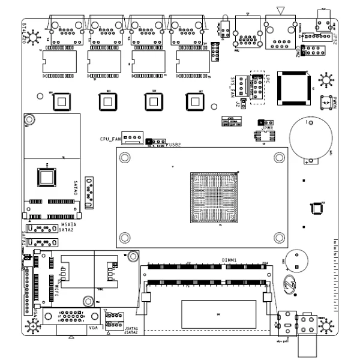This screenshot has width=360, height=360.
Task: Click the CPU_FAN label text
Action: point(110,139)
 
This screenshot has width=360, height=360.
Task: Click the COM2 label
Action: point(298,51)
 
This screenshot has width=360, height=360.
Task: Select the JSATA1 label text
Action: point(131,328)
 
